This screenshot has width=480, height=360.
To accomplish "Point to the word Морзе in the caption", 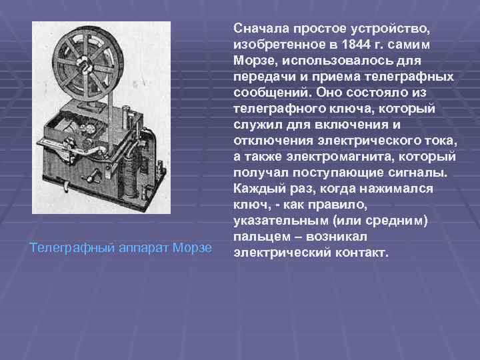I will [x=191, y=248].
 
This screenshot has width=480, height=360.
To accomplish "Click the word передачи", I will [x=263, y=77].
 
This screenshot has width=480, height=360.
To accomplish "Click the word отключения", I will [x=271, y=140].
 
